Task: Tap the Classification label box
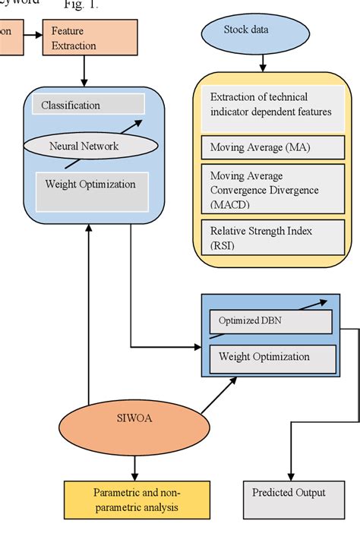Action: tap(88, 105)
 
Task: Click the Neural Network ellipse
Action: tap(84, 146)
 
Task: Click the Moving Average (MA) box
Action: tap(272, 147)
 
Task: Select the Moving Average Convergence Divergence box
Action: tap(272, 190)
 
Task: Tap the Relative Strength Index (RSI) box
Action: tap(272, 237)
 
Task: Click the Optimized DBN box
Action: tap(270, 322)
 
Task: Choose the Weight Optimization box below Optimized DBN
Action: tap(270, 357)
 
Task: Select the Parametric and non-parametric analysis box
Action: tap(137, 500)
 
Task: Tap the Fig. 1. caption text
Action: tap(82, 5)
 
